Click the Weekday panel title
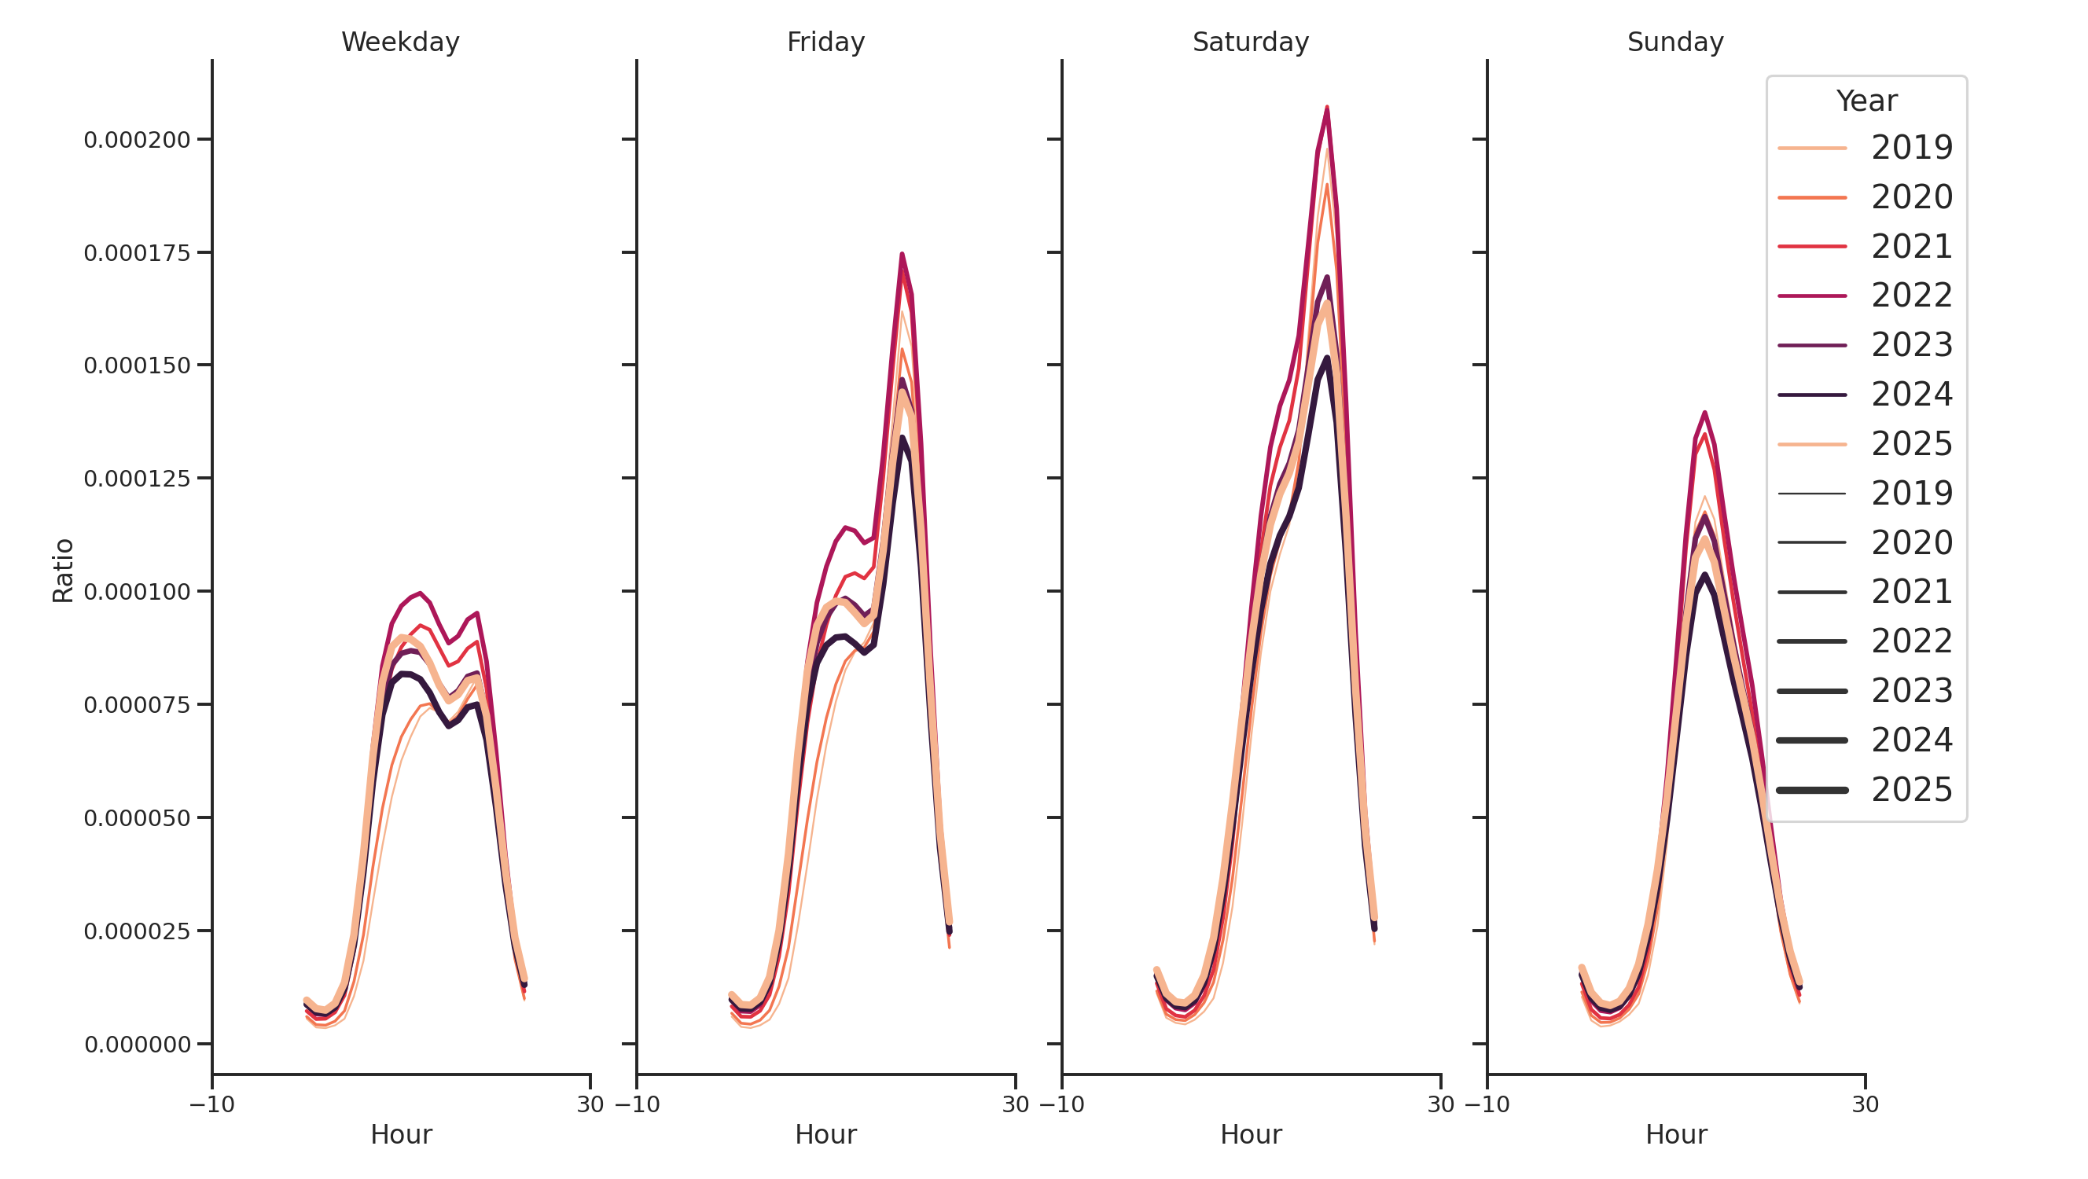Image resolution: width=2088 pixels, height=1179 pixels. [x=399, y=42]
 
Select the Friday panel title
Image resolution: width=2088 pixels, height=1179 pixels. [x=825, y=42]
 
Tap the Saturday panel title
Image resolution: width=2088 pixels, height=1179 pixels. [x=1250, y=42]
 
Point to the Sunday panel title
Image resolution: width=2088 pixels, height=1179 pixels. [x=1674, y=42]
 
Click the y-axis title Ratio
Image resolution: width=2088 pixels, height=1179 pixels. [x=63, y=571]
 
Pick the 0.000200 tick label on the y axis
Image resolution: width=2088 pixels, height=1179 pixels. [x=137, y=140]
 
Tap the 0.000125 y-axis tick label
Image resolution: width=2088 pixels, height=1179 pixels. [x=137, y=479]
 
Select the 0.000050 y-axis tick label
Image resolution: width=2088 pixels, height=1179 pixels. [x=137, y=818]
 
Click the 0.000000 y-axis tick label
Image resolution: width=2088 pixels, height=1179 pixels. [x=137, y=1045]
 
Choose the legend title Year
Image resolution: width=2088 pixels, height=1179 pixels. [x=1866, y=101]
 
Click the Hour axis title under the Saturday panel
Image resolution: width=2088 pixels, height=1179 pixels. [x=1250, y=1134]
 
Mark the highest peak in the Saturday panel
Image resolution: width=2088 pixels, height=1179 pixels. [x=1327, y=107]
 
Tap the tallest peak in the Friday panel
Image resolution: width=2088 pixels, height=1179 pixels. [x=902, y=255]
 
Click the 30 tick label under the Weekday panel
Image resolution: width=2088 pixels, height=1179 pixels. [x=590, y=1104]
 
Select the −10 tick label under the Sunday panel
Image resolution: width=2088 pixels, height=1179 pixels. [x=1487, y=1104]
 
